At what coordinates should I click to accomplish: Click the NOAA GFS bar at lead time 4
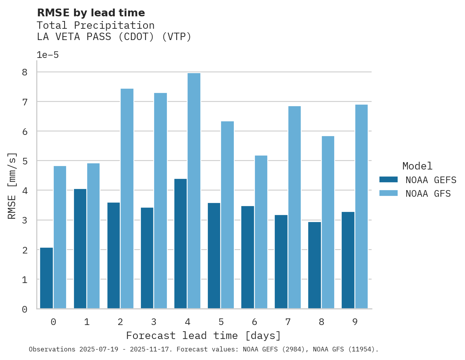[194, 190]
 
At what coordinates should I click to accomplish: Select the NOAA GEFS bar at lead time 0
[46, 278]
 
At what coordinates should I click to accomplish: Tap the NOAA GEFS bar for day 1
[80, 249]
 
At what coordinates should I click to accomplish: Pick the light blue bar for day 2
[127, 198]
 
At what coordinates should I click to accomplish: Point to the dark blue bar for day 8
[314, 265]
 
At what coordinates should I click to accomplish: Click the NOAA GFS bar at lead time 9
[361, 206]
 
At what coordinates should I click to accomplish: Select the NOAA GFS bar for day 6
[261, 232]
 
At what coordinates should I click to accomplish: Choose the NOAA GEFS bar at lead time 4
[181, 243]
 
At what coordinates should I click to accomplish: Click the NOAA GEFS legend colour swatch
[388, 180]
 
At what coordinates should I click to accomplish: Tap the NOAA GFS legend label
[428, 194]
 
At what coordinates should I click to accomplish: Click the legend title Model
[417, 166]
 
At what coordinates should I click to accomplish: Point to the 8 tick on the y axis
[25, 72]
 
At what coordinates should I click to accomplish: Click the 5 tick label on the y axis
[25, 161]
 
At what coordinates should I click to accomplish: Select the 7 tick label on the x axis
[288, 322]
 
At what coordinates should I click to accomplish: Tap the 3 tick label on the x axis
[154, 322]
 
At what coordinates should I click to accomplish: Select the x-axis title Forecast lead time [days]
[203, 336]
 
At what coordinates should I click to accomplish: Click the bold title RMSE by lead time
[91, 13]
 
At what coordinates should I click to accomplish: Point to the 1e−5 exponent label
[47, 55]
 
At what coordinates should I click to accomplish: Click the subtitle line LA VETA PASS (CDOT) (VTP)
[114, 37]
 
